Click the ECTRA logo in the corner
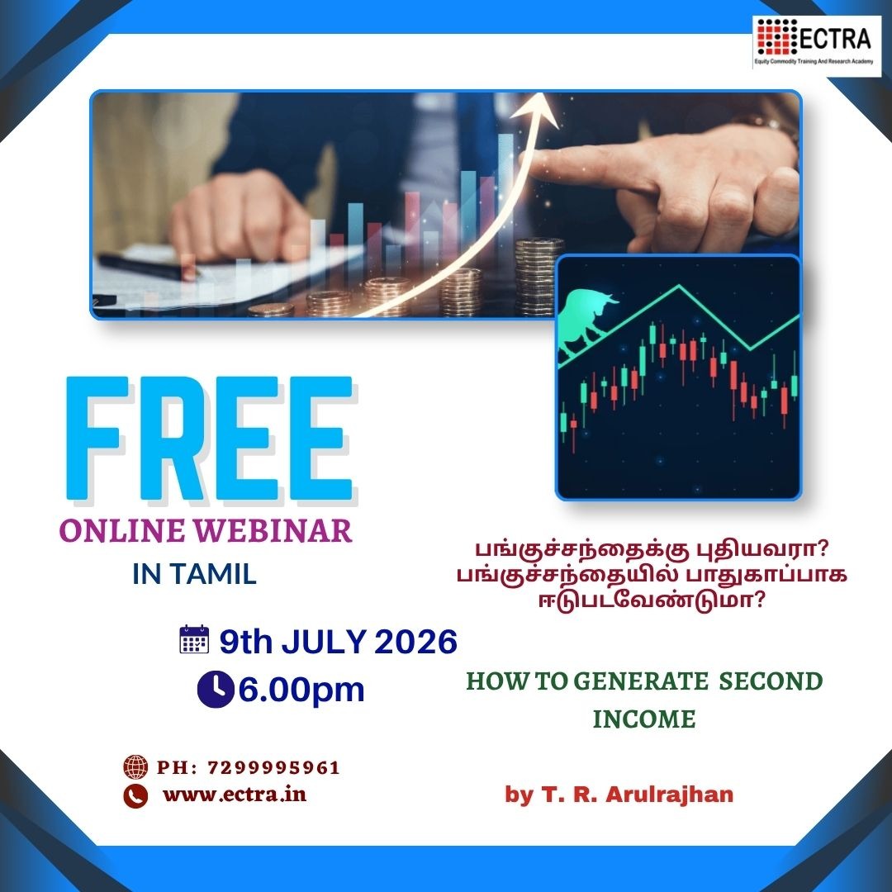[816, 43]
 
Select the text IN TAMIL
[194, 574]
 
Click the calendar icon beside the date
[194, 639]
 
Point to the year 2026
[415, 642]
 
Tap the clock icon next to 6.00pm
[216, 689]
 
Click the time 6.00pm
[301, 690]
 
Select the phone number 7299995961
[273, 768]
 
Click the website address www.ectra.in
[235, 795]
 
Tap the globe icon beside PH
[135, 766]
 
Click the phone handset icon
[135, 796]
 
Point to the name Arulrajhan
[669, 795]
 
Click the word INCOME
[644, 719]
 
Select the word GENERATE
[641, 681]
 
